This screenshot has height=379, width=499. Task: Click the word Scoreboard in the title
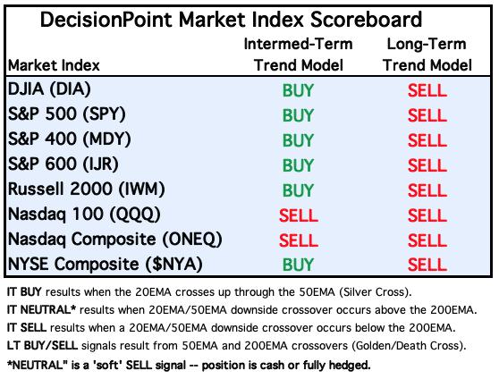[x=366, y=20]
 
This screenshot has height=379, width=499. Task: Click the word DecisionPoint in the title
[x=106, y=20]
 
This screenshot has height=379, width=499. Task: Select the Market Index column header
[x=54, y=65]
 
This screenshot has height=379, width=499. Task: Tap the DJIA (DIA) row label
[x=49, y=89]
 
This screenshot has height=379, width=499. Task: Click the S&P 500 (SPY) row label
[x=67, y=114]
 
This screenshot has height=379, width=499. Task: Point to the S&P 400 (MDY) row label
[x=70, y=139]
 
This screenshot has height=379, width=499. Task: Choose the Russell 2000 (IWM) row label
[x=86, y=189]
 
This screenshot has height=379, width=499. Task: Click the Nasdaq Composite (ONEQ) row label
[x=114, y=240]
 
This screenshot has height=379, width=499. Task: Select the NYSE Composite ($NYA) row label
[x=105, y=264]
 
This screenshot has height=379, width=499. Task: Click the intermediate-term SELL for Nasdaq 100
[x=299, y=215]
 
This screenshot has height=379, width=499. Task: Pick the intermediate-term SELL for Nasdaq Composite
[x=299, y=240]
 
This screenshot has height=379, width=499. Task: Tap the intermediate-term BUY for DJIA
[x=298, y=90]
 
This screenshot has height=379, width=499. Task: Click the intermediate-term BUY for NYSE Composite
[x=298, y=265]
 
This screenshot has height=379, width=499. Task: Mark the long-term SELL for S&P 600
[x=427, y=165]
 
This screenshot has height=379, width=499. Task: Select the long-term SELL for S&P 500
[x=427, y=115]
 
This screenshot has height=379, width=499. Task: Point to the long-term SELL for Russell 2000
[x=427, y=190]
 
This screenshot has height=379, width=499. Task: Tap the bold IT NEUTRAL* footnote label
[x=42, y=309]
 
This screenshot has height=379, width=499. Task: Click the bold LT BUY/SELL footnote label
[x=42, y=345]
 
